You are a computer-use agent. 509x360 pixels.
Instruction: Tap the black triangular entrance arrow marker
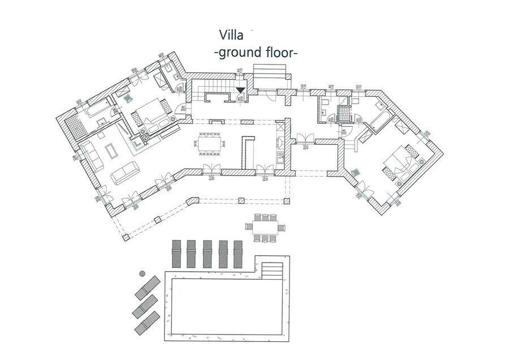pyautogui.click(x=240, y=89)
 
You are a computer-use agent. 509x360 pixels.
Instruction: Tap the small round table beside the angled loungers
pyautogui.click(x=141, y=273)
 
